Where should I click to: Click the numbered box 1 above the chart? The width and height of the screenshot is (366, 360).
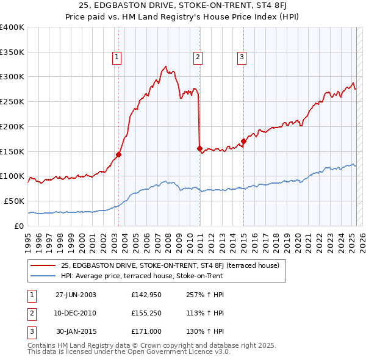(117, 58)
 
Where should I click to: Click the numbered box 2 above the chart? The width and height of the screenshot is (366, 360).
(198, 58)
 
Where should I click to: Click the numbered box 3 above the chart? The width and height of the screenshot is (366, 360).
(242, 58)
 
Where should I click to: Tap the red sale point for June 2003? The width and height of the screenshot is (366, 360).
(119, 154)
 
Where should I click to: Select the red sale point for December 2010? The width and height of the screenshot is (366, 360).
(199, 148)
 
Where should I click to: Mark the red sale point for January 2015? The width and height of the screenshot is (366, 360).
(243, 141)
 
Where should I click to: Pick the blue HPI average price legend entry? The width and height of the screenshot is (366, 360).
(142, 276)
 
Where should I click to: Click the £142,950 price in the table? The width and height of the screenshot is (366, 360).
(145, 295)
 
